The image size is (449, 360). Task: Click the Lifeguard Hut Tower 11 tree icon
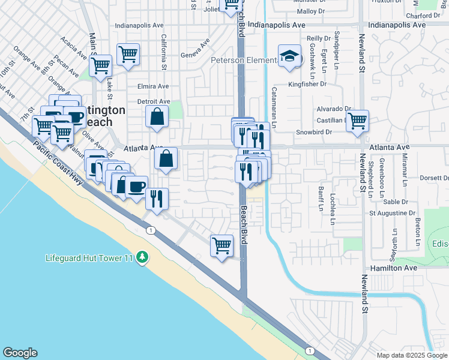[142, 257]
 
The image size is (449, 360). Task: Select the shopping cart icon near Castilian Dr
[358, 120]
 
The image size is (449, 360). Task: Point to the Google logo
[20, 353]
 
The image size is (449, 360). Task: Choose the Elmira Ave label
[153, 86]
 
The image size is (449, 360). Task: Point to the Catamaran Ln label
[274, 107]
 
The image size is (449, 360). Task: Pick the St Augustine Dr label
[392, 213]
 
